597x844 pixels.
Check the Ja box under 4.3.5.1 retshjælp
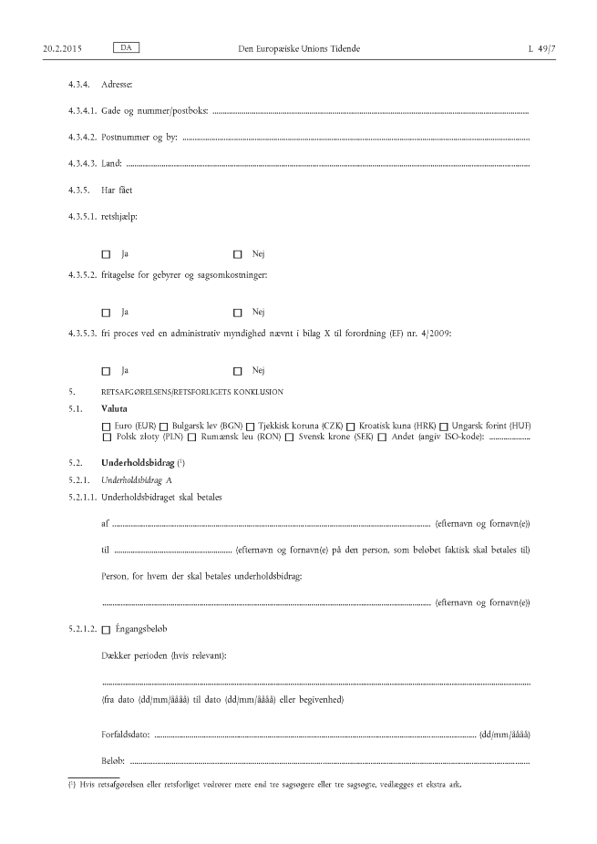106,253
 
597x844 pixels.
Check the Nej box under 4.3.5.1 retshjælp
238,253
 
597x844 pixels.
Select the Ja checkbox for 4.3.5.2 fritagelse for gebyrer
106,313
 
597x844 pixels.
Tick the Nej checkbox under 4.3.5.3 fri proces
238,371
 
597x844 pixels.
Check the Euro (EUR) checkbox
106,427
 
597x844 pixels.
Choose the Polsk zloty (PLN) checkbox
106,438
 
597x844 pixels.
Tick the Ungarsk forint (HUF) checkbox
444,427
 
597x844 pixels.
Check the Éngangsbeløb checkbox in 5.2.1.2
106,629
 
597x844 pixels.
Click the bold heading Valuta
116,409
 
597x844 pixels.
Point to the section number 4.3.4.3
82,164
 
